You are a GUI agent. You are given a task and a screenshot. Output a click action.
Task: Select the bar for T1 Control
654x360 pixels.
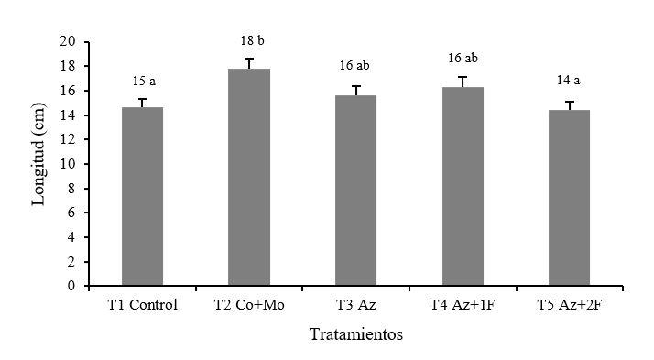(142, 196)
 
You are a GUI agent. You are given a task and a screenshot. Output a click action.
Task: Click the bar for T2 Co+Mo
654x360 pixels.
(249, 177)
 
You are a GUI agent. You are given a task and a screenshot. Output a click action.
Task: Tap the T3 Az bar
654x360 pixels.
(355, 191)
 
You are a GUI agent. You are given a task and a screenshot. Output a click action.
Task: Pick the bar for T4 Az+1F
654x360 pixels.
(463, 186)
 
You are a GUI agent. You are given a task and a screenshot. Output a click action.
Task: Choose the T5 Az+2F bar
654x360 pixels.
(570, 198)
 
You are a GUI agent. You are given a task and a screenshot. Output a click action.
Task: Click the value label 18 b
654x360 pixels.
(252, 41)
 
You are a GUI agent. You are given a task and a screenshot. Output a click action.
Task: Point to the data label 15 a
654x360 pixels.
(145, 81)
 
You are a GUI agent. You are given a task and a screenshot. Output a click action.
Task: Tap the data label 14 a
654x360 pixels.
(568, 80)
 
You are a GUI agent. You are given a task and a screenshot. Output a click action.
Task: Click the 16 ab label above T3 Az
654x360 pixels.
(354, 65)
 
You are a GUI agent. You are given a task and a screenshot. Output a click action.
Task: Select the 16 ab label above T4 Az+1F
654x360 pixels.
(463, 58)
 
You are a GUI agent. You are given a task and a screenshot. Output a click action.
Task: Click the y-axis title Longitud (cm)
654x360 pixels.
(38, 154)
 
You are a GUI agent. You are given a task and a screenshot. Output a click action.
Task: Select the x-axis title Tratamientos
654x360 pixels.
(356, 334)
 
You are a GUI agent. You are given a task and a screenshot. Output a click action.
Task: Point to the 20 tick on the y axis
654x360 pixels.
(68, 41)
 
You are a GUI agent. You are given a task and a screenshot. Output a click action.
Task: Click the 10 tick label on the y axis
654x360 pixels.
(68, 164)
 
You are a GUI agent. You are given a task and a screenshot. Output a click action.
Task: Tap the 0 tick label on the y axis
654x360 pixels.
(71, 286)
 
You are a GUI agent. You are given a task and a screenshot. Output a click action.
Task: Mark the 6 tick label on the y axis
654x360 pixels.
(71, 213)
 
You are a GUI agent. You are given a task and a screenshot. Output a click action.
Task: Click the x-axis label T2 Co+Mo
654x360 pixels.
(249, 305)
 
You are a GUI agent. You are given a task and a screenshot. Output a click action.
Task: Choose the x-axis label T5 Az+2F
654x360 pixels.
(570, 305)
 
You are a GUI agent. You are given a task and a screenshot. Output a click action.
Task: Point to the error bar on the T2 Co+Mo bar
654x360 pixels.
(249, 63)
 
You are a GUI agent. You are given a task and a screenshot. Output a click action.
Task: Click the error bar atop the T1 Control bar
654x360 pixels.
(142, 103)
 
